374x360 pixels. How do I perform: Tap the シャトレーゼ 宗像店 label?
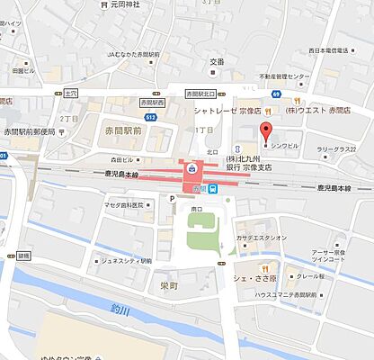[228, 111]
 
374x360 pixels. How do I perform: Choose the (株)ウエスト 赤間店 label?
[316, 111]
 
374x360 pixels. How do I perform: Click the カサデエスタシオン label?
[262, 238]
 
